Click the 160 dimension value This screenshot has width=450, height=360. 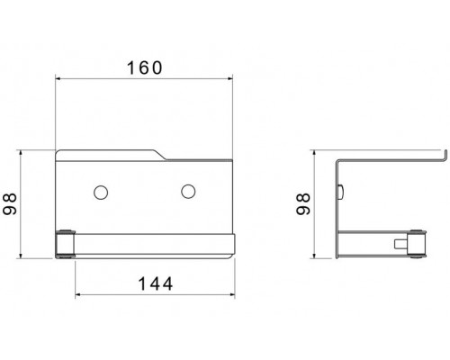[145, 67]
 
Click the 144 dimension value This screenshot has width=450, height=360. [156, 283]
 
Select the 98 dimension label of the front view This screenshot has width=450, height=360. [10, 204]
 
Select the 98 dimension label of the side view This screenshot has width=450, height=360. [303, 204]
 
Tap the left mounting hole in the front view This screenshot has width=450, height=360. [101, 193]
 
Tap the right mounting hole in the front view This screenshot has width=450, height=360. [188, 191]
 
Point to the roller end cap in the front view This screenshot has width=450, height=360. [65, 244]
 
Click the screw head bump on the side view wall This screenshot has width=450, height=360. [341, 192]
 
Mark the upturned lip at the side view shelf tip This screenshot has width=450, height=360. [445, 156]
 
